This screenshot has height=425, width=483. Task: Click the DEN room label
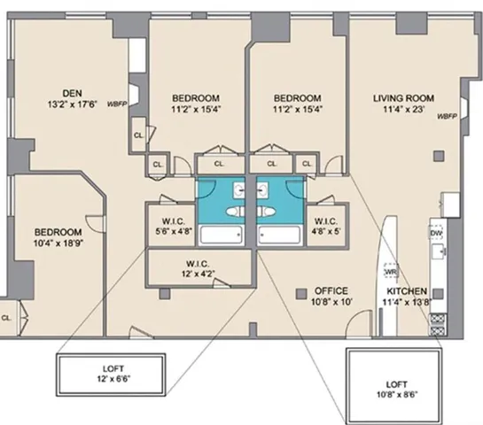(x=72, y=91)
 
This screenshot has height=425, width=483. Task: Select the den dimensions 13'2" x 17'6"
(x=72, y=103)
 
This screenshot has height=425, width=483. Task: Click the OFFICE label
(x=330, y=290)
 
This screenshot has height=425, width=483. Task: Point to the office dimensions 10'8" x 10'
(x=329, y=302)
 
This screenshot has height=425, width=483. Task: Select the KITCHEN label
(x=407, y=290)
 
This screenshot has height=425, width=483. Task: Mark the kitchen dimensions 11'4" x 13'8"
(x=407, y=302)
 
